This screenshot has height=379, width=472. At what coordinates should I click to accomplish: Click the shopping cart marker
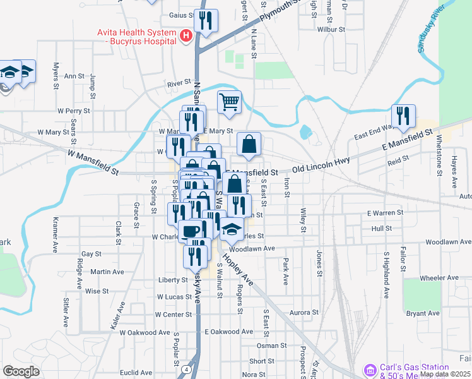230,102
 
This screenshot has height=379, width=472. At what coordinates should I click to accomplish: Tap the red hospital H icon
186,36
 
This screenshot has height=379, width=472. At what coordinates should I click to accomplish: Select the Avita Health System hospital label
135,36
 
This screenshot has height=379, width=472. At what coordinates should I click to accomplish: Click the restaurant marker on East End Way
402,116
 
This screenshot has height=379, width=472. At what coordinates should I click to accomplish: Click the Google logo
21,371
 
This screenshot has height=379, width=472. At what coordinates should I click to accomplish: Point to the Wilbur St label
332,30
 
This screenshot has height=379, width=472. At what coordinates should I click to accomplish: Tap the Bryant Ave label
422,313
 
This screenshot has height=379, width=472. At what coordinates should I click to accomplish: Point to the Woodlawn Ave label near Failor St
447,242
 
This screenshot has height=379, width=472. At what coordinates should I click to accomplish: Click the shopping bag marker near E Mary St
249,143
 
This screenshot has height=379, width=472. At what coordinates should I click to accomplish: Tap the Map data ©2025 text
445,374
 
